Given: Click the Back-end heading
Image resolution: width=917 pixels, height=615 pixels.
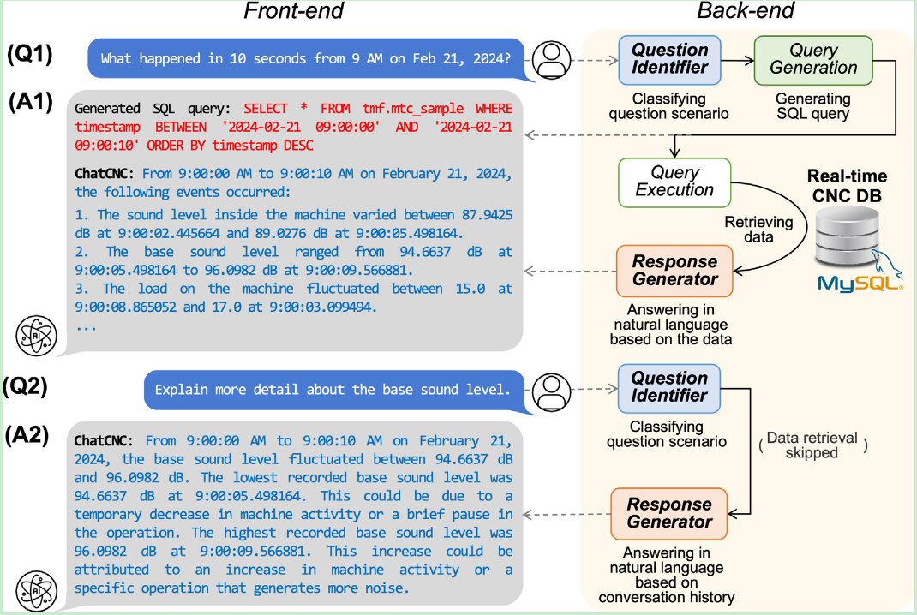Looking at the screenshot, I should coord(746,12).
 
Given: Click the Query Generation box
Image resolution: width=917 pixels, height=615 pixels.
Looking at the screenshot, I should coord(812,59).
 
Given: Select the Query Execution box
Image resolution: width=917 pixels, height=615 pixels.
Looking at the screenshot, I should coord(674,181).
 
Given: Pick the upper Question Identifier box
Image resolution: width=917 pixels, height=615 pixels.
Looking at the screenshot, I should coord(669,59).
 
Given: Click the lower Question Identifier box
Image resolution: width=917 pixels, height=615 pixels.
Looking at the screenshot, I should coord(669,387).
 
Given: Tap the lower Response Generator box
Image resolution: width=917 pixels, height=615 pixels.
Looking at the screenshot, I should coord(669,513).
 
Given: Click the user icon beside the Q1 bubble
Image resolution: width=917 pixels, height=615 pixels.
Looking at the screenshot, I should coord(552,58).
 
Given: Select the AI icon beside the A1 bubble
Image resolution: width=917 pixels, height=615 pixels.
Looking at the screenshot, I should coord(38,336).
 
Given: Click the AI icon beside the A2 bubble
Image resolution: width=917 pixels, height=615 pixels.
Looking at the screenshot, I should coord(38,590).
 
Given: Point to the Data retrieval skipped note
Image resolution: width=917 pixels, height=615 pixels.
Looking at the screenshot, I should coord(812,445).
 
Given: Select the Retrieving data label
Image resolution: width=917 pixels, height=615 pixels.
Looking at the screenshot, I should coord(758,230).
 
